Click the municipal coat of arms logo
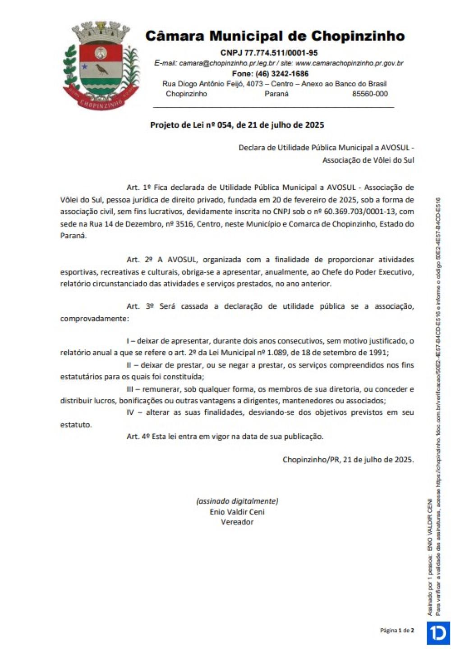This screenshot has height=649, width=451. pos(100,65)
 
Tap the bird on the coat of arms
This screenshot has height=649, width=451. pos(101,69)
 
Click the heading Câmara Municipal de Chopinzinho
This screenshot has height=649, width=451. pos(275,36)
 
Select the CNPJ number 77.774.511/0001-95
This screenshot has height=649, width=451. pos(281,53)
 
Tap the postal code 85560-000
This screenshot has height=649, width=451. pos(370,94)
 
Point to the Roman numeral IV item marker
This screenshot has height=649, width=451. pos(130,412)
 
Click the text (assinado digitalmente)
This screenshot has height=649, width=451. pos(237,501)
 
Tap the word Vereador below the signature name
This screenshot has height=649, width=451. pos(237,522)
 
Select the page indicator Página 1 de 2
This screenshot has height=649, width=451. pos(397,631)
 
